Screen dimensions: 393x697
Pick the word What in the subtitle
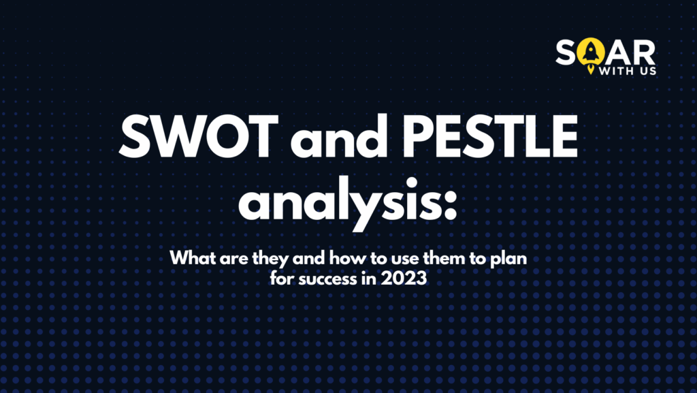[191, 259]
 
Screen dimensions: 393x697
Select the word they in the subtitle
[261, 259]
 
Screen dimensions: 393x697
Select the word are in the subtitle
[229, 260]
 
